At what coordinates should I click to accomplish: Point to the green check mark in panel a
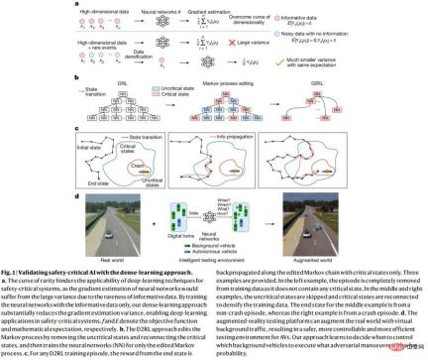(x=280, y=62)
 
